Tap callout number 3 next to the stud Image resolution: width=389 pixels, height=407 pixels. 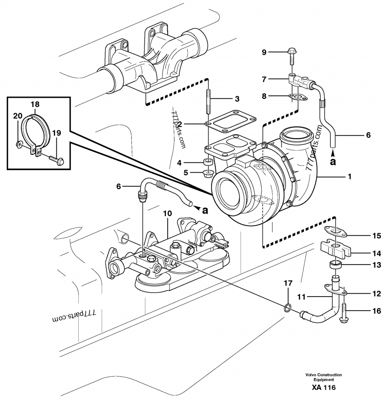[x=237, y=99]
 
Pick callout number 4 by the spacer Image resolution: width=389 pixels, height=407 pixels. [x=193, y=162]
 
